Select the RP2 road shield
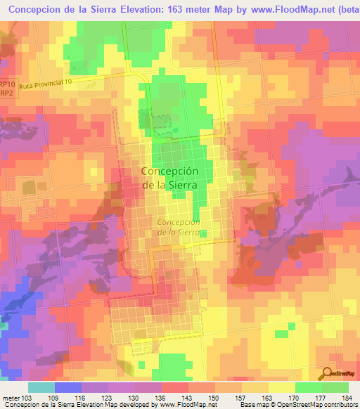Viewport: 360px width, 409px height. coord(6,92)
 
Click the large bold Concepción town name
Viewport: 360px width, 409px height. coord(169,171)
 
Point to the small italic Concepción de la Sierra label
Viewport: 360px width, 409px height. coord(179,226)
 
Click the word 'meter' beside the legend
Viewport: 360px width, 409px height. coord(10,397)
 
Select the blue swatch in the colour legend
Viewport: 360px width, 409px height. coord(68,387)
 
